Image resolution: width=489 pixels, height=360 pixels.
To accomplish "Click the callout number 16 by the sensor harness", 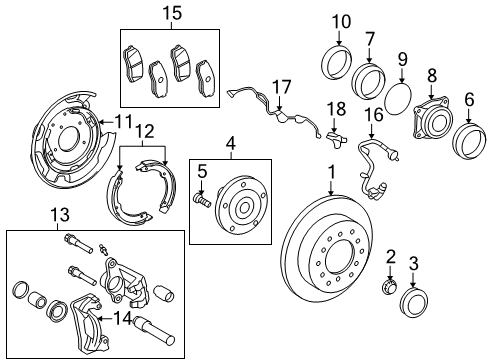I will [x=375, y=115].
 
